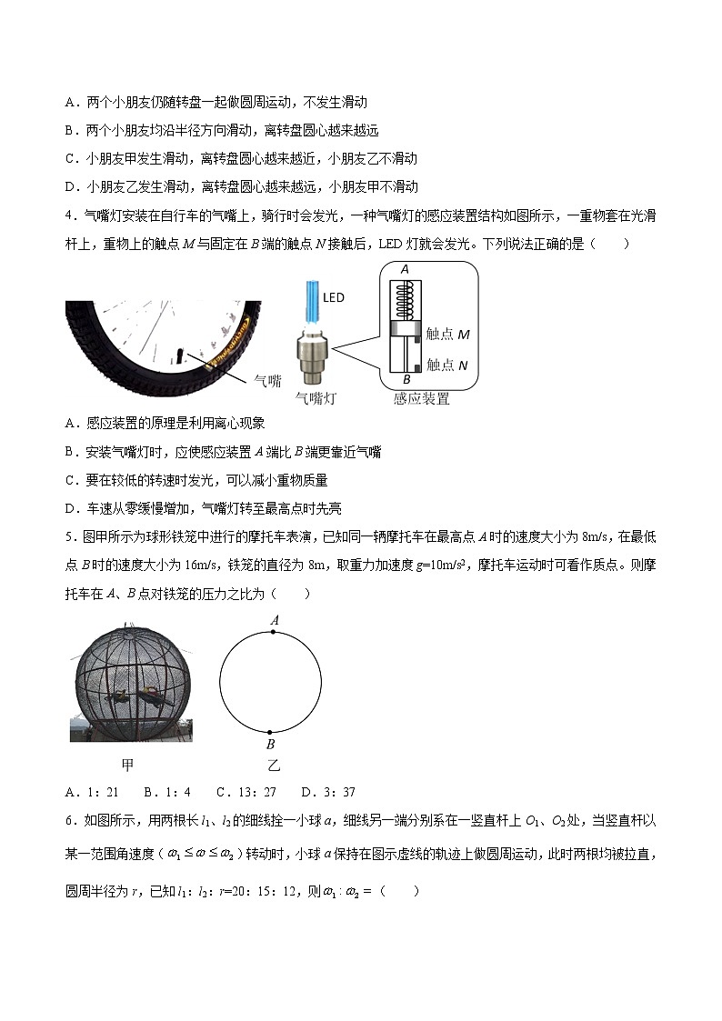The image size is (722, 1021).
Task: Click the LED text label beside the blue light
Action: coord(333,297)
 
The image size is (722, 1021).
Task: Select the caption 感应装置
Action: coord(421,398)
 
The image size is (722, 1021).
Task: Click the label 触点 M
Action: coord(447,335)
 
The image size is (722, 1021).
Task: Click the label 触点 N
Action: coord(447,365)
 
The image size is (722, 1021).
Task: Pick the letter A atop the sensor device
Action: coord(405,269)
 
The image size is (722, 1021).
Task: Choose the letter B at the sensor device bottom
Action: coord(406,378)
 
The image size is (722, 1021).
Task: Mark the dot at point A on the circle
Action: coord(270,629)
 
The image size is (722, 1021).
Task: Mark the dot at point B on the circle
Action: coord(270,730)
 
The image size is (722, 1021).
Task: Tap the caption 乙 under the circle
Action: coord(272,766)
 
